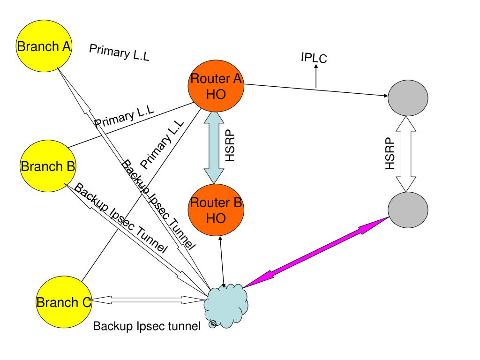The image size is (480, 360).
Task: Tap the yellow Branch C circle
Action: [x=64, y=302]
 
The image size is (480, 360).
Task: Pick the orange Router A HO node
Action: [x=216, y=87]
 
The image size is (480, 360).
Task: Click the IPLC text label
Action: [x=314, y=58]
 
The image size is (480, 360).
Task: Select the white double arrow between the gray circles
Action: [x=407, y=153]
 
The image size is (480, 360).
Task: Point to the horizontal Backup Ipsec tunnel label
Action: [x=147, y=326]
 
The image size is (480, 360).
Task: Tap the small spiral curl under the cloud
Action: [x=213, y=323]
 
